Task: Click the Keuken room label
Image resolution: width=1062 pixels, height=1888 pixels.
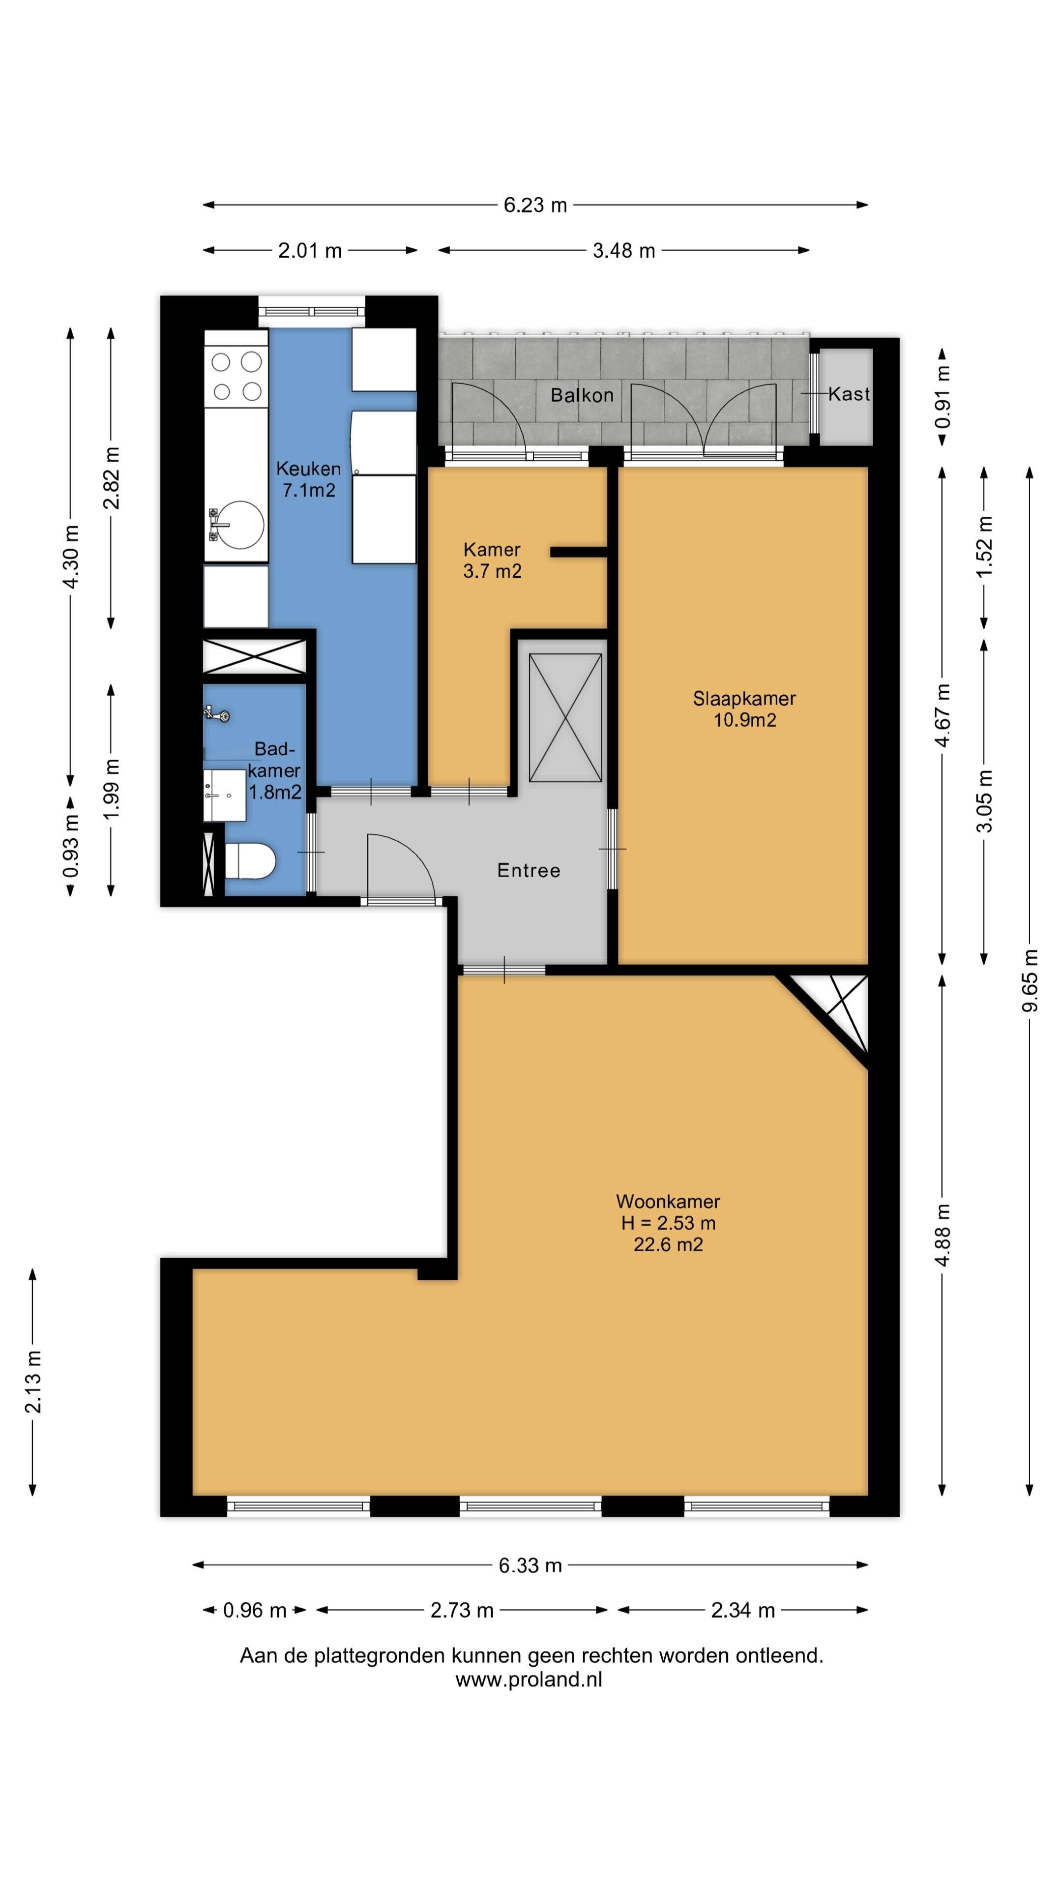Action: click(x=309, y=479)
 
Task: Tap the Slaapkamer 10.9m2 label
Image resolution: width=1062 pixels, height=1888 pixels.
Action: click(x=744, y=708)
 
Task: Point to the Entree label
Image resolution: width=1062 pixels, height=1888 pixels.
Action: click(x=529, y=870)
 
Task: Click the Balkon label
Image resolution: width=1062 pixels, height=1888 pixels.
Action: click(x=582, y=395)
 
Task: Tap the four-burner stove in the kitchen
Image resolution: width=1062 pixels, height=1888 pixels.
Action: click(x=236, y=377)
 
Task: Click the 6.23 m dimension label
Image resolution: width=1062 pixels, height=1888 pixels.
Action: click(x=535, y=205)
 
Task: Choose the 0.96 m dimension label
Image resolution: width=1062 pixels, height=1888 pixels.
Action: click(x=254, y=1610)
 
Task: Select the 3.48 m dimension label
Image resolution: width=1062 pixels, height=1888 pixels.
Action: click(x=624, y=251)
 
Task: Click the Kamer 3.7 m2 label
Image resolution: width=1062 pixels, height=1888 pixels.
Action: click(x=492, y=560)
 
